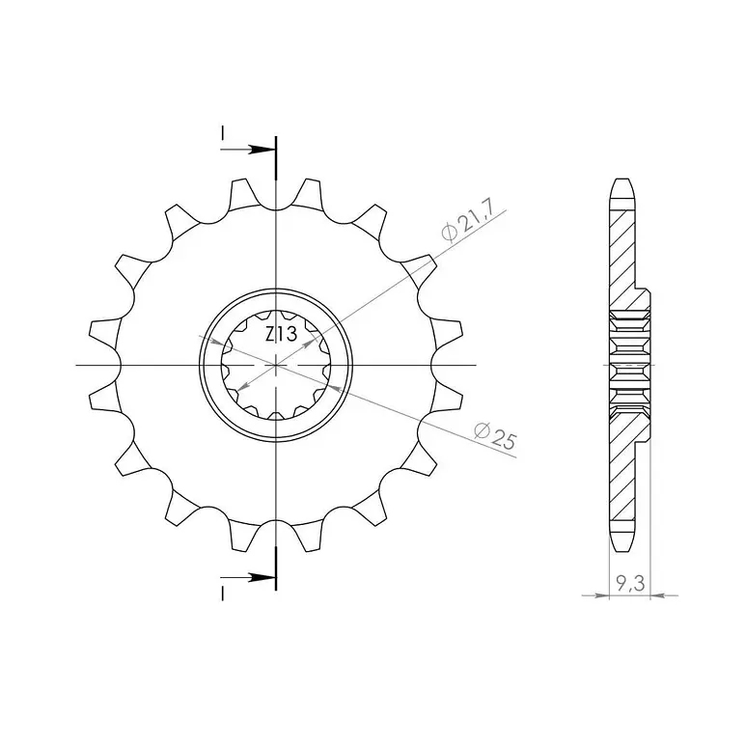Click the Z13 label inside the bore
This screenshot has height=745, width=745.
click(281, 334)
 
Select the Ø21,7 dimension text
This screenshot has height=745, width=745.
click(468, 220)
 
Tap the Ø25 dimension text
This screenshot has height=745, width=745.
click(495, 435)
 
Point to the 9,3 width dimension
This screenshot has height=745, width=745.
click(630, 584)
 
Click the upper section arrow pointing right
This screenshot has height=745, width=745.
click(248, 150)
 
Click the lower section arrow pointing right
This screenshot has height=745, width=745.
click(248, 578)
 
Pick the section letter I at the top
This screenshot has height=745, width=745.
click(222, 133)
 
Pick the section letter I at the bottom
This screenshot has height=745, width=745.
click(222, 593)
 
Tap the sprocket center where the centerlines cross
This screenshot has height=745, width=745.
click(276, 365)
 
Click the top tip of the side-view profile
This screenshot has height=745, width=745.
click(622, 179)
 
